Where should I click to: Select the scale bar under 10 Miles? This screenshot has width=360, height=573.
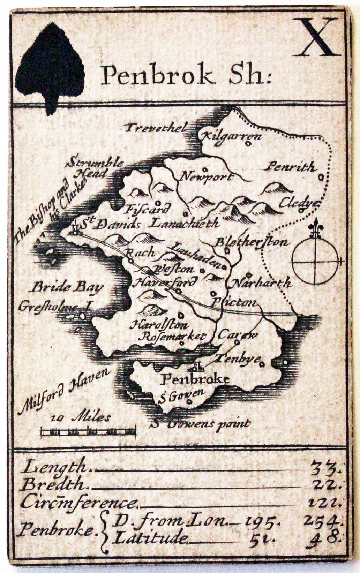(x=89, y=432)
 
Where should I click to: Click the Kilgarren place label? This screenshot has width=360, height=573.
(x=232, y=135)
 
